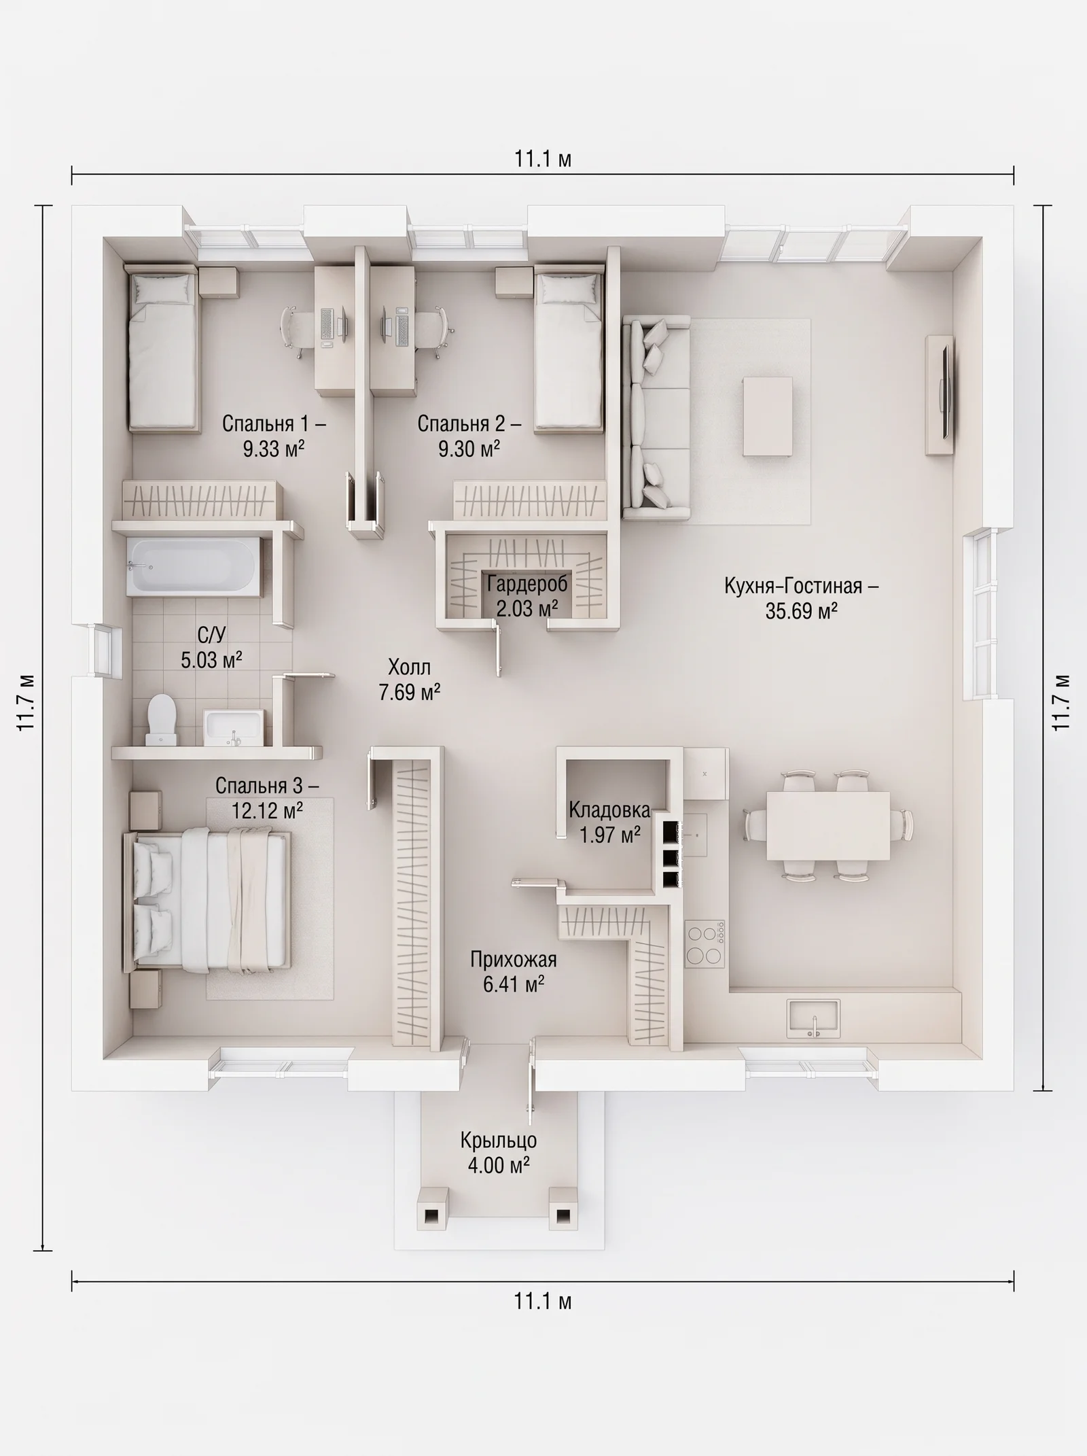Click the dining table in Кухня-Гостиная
(828, 826)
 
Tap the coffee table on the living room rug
(768, 417)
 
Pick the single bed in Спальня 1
(164, 350)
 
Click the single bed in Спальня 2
(569, 350)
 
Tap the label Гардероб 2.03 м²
(527, 595)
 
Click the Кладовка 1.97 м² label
(609, 822)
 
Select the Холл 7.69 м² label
(410, 679)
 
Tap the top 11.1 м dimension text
(543, 159)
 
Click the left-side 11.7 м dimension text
(26, 702)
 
